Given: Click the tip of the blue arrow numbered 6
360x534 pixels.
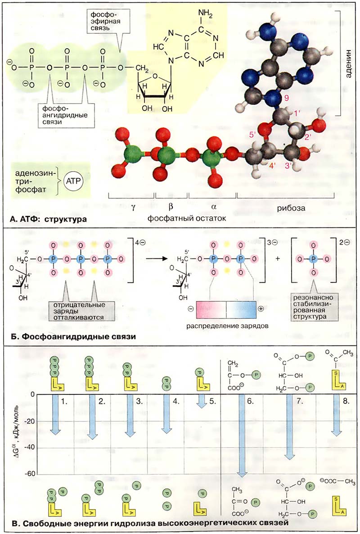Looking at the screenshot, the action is [x=242, y=477].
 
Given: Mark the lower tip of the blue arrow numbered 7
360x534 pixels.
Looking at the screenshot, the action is [x=289, y=460].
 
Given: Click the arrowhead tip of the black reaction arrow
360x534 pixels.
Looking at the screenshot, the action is [x=169, y=259].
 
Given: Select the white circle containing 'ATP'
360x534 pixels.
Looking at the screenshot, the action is [x=74, y=181].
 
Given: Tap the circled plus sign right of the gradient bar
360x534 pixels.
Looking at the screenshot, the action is [x=261, y=308].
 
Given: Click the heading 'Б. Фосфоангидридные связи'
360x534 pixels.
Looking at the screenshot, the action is [x=73, y=336].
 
